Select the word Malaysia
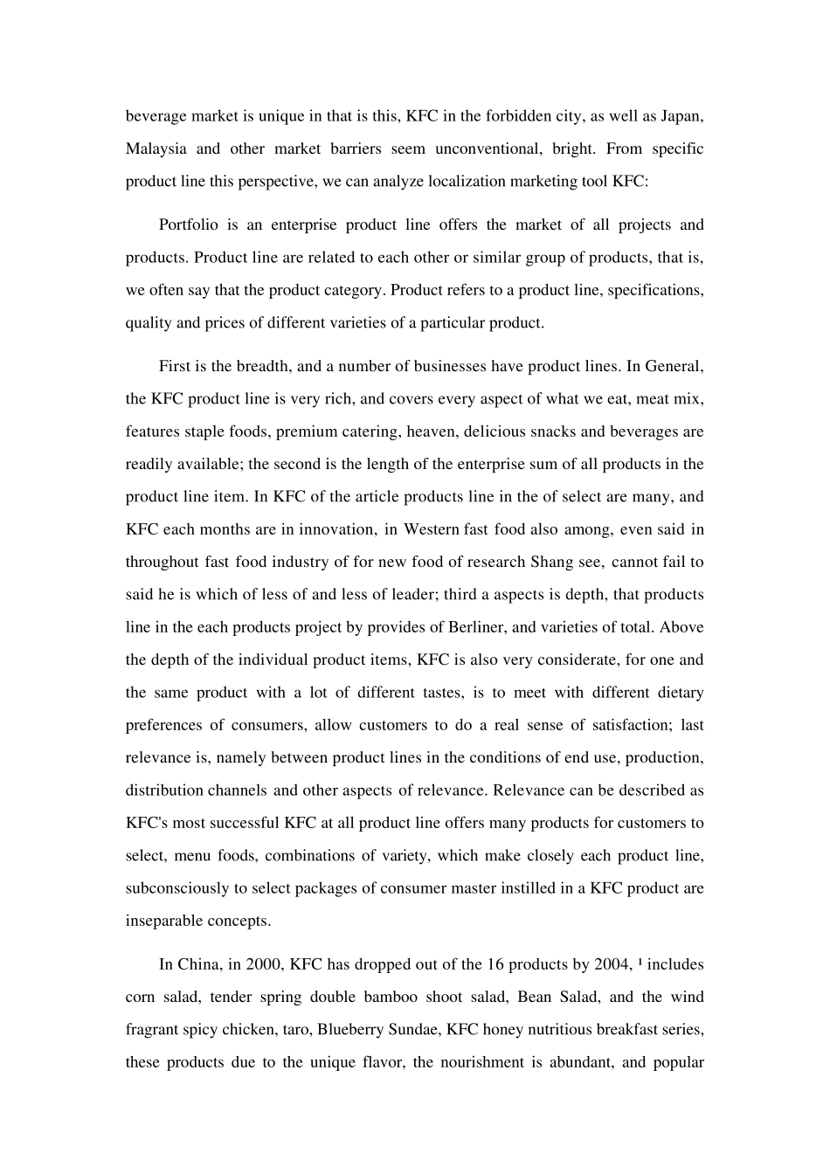point(156,148)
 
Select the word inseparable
point(166,921)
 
